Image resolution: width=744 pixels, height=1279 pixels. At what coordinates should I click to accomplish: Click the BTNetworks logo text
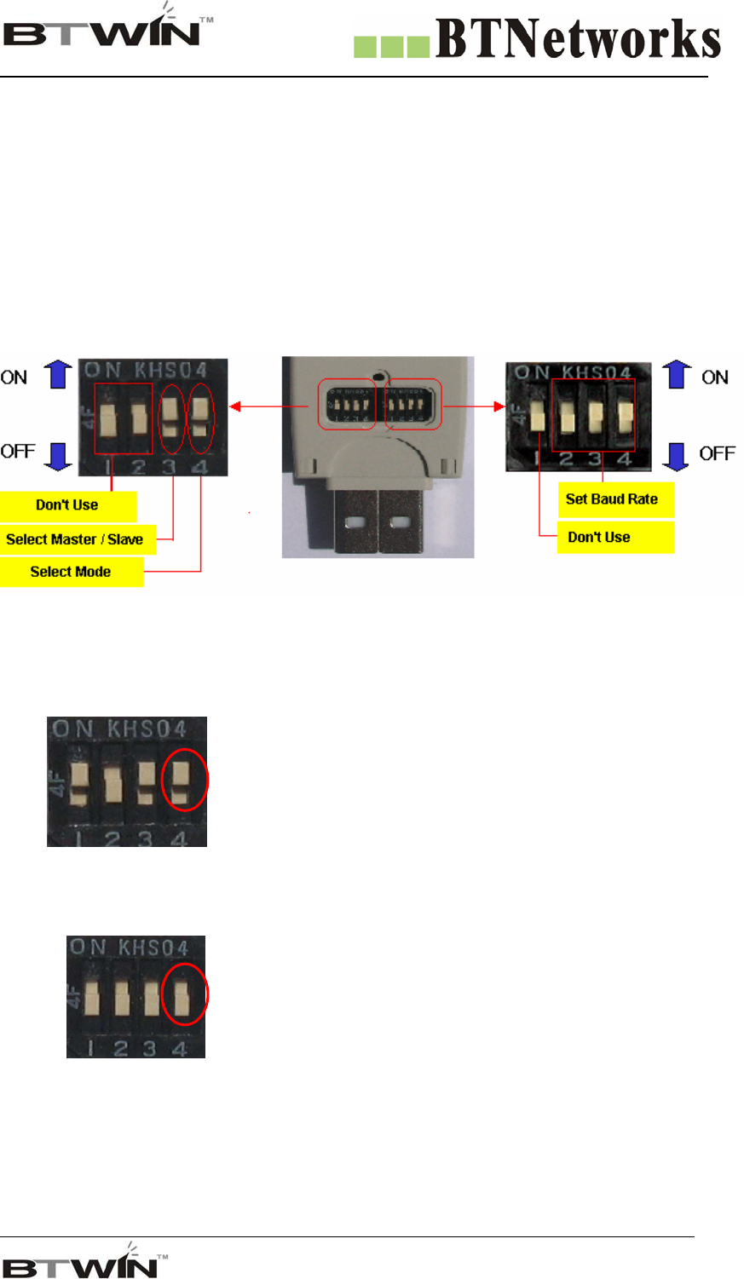pos(578,41)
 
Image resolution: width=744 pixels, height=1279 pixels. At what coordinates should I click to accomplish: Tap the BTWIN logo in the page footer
pos(85,1262)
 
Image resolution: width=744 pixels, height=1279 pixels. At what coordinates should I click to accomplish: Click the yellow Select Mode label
pos(71,572)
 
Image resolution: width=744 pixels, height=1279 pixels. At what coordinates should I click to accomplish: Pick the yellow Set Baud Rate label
pos(614,499)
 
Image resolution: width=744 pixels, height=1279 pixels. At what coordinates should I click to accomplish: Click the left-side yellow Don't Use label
pos(67,505)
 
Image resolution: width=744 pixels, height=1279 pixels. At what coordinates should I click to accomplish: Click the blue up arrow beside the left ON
pos(58,374)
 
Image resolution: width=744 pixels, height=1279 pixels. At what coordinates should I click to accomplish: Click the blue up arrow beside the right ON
pos(678,374)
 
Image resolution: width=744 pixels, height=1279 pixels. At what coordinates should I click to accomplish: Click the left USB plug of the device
pos(355,521)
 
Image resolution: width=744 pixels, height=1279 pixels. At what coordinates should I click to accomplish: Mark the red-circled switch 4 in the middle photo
pos(182,779)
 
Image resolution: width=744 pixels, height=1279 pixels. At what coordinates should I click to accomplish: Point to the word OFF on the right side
pos(717,453)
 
